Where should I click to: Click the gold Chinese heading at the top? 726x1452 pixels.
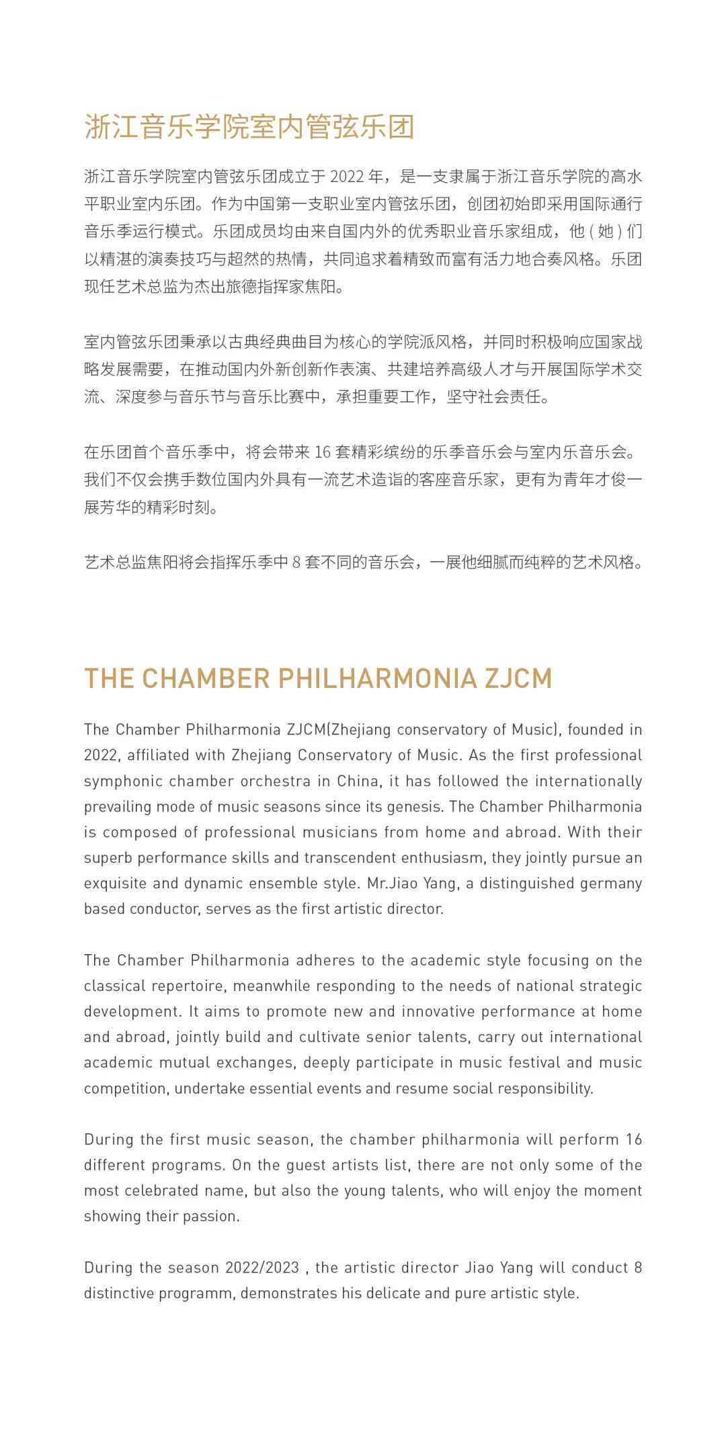coord(249,127)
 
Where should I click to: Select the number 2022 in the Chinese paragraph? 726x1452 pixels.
coord(347,177)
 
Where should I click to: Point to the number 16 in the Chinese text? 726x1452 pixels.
coord(323,452)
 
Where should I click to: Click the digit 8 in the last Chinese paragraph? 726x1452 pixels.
coord(296,562)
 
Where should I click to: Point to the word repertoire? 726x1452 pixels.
coord(188,986)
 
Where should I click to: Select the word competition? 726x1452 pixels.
coord(125,1088)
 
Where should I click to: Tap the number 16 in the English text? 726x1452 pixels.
coord(634,1139)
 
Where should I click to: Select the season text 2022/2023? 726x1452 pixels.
coord(262,1267)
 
